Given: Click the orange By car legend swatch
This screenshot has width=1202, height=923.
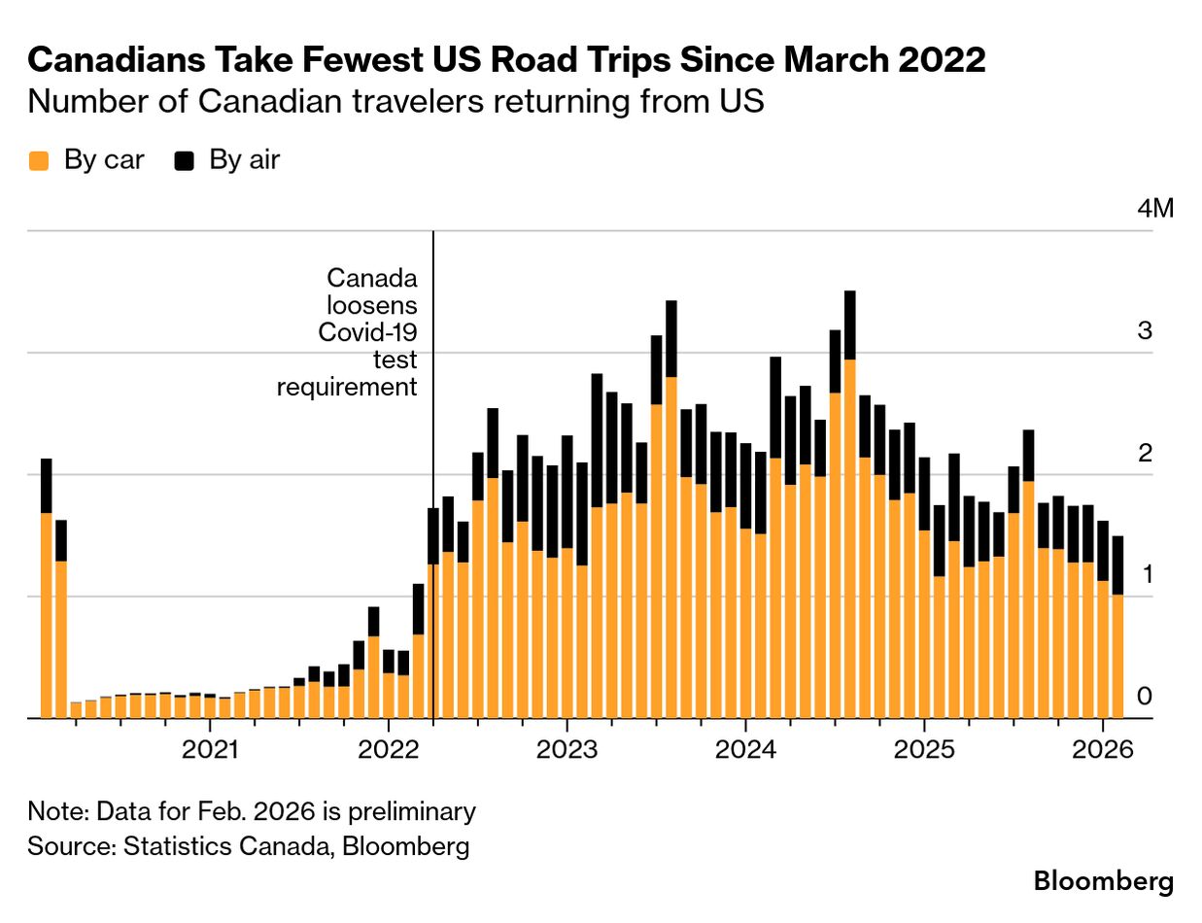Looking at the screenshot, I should point(39,161).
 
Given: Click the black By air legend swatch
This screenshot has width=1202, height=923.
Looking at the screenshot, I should point(184,161).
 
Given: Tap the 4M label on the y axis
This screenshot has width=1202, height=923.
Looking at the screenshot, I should point(1156,209).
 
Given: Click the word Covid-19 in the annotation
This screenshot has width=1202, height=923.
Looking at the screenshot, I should point(368,333).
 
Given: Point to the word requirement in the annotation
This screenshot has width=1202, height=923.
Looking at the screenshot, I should point(347,387).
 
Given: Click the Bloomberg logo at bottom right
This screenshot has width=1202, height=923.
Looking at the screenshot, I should point(1103,882).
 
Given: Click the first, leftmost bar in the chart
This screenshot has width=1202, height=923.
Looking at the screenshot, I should point(46,612).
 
